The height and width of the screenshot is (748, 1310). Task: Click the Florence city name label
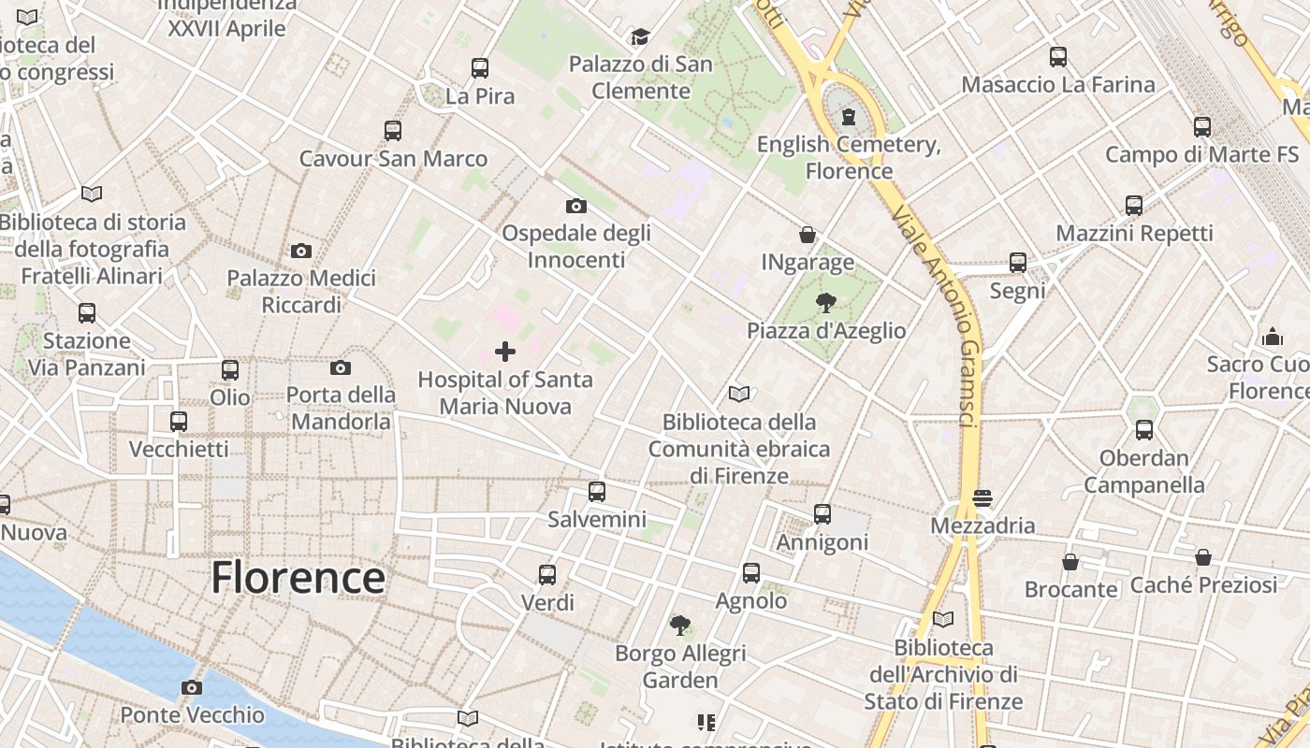298,578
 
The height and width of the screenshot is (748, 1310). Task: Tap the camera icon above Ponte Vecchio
192,688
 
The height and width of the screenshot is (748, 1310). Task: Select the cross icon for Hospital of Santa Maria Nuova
505,352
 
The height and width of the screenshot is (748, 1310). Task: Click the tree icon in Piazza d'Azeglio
825,302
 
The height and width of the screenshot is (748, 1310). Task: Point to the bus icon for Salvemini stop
597,491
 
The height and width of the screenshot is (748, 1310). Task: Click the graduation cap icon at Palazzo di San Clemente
640,36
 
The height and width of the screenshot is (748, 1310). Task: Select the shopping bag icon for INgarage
808,235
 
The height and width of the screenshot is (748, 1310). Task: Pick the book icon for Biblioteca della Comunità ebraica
739,395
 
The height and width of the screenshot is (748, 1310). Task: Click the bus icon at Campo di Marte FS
1202,126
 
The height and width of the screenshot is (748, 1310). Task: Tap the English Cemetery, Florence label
849,158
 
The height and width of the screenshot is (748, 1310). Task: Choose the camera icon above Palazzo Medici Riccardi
301,251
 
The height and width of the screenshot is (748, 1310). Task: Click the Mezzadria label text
982,525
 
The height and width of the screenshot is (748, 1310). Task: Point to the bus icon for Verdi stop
547,574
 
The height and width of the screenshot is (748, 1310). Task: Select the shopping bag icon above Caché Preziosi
1203,557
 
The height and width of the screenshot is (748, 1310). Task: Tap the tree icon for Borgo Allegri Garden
680,625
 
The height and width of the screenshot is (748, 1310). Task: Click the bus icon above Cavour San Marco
393,131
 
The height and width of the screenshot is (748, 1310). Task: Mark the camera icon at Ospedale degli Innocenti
576,206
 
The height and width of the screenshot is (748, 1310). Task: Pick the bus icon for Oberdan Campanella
1144,430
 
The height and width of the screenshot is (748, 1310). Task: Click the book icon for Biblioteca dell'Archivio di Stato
943,619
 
